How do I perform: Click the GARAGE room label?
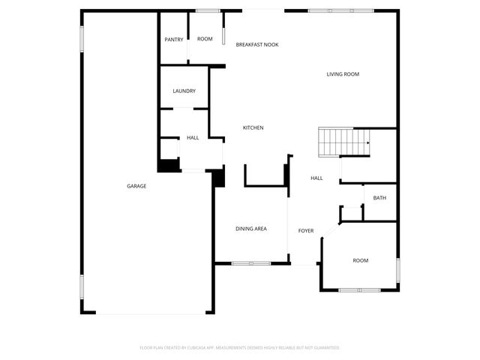coord(136,186)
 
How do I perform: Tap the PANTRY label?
coord(174,40)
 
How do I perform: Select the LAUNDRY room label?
coord(184,91)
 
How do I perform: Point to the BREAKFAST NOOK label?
coord(257,45)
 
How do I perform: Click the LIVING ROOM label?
coord(343,74)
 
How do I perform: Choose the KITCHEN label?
coord(253,128)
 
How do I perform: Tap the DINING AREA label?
coord(251,229)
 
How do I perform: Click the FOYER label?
coord(306,231)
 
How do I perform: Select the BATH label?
coord(379,198)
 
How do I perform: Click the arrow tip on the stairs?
coord(368,142)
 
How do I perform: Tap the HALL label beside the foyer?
coord(316,178)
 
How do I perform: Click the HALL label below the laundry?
coord(193,138)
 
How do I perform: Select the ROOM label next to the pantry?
coord(205,39)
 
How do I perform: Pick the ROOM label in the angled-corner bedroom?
coord(361,260)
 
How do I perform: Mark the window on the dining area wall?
coord(250,263)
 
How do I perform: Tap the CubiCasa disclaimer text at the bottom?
coord(240,347)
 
